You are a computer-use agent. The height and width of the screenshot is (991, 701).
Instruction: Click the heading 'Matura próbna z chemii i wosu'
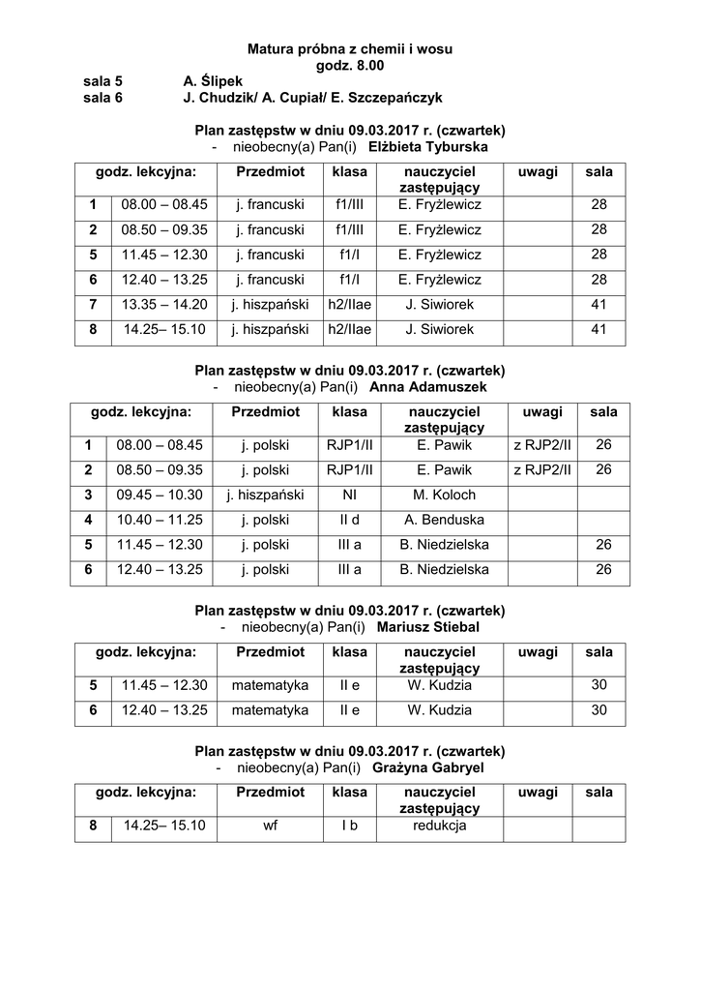click(x=350, y=48)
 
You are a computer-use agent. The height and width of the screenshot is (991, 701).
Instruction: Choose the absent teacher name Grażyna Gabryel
click(x=427, y=768)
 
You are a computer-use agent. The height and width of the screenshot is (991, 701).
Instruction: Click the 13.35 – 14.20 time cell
click(x=164, y=305)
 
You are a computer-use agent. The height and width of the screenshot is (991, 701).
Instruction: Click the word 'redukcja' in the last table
click(x=440, y=826)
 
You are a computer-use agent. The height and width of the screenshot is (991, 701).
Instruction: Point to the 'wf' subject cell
click(x=270, y=826)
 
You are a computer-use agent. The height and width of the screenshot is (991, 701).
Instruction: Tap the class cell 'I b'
click(x=349, y=826)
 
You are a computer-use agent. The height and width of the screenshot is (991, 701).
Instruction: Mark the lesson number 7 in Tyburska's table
click(x=94, y=305)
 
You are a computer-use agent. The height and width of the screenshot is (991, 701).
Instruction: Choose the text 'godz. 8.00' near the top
click(x=350, y=65)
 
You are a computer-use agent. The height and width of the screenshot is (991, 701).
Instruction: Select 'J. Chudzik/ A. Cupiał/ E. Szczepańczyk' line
click(x=312, y=98)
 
